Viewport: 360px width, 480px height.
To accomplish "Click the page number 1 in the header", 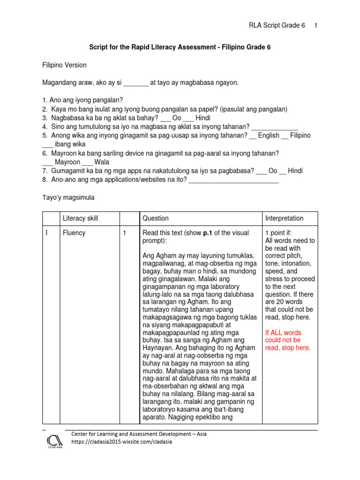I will point(316,25).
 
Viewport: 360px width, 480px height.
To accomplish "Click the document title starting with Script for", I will point(180,47).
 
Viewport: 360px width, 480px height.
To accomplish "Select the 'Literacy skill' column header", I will point(81,218).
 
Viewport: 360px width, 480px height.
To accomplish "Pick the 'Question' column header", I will point(156,218).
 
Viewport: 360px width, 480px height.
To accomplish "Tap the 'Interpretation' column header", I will point(284,218).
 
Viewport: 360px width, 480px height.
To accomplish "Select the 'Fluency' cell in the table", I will point(74,233).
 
